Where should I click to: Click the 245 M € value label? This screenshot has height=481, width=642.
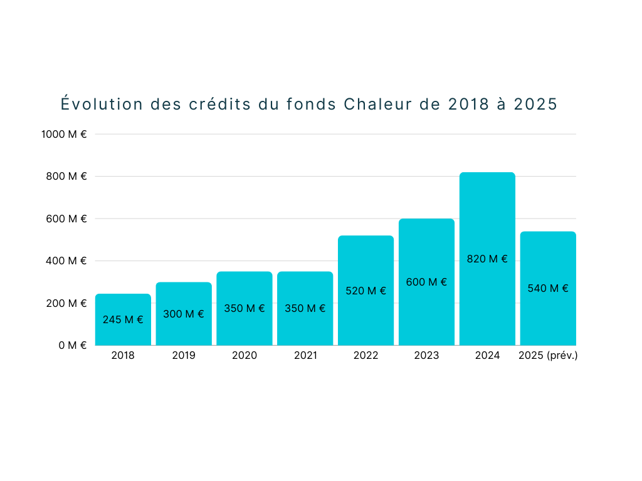123,319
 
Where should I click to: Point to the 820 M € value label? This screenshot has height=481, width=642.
487,259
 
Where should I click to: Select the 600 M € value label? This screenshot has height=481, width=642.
426,282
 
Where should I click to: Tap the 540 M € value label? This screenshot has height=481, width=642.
548,288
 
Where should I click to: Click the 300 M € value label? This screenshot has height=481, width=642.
184,314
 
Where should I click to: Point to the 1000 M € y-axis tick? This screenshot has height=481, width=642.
64,134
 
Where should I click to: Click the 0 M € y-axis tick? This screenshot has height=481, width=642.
72,345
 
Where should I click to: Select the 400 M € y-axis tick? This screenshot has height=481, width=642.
66,261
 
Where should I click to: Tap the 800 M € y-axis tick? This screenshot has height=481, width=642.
66,176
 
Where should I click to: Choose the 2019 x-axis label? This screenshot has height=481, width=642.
184,356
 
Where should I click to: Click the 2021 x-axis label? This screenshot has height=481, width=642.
305,356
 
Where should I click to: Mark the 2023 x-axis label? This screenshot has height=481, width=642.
426,356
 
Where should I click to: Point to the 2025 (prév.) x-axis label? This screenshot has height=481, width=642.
548,356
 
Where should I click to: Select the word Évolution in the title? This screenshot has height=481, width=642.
102,104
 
